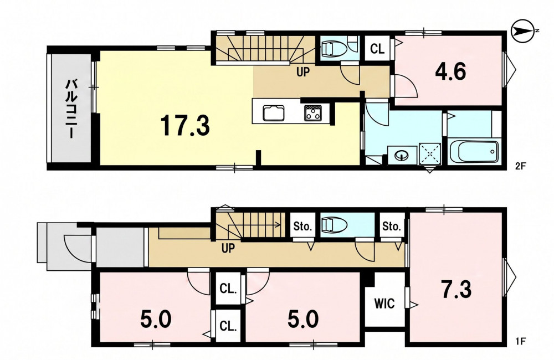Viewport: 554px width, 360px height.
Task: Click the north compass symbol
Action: [x=525, y=30]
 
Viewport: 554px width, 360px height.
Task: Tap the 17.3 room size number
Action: [x=185, y=126]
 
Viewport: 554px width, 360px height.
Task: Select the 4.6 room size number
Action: [x=450, y=71]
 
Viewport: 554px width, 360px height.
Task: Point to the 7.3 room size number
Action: [x=456, y=289]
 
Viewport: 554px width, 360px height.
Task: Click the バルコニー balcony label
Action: [x=71, y=109]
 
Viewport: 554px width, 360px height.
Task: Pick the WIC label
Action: [x=384, y=303]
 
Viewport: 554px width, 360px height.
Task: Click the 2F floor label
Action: [x=520, y=166]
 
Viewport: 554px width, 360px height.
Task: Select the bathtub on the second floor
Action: [x=474, y=151]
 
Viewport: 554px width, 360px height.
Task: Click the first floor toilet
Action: [x=335, y=224]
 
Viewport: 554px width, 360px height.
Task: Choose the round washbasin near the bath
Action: [x=402, y=155]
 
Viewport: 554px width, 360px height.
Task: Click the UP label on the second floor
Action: [x=303, y=72]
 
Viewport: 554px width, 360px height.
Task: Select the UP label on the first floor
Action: [x=228, y=248]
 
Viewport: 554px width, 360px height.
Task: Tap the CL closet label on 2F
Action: [x=377, y=49]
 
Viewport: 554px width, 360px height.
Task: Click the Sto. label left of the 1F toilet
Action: [x=302, y=226]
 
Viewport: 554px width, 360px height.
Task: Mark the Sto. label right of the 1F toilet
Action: [x=392, y=226]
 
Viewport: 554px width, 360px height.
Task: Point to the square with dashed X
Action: [x=430, y=154]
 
